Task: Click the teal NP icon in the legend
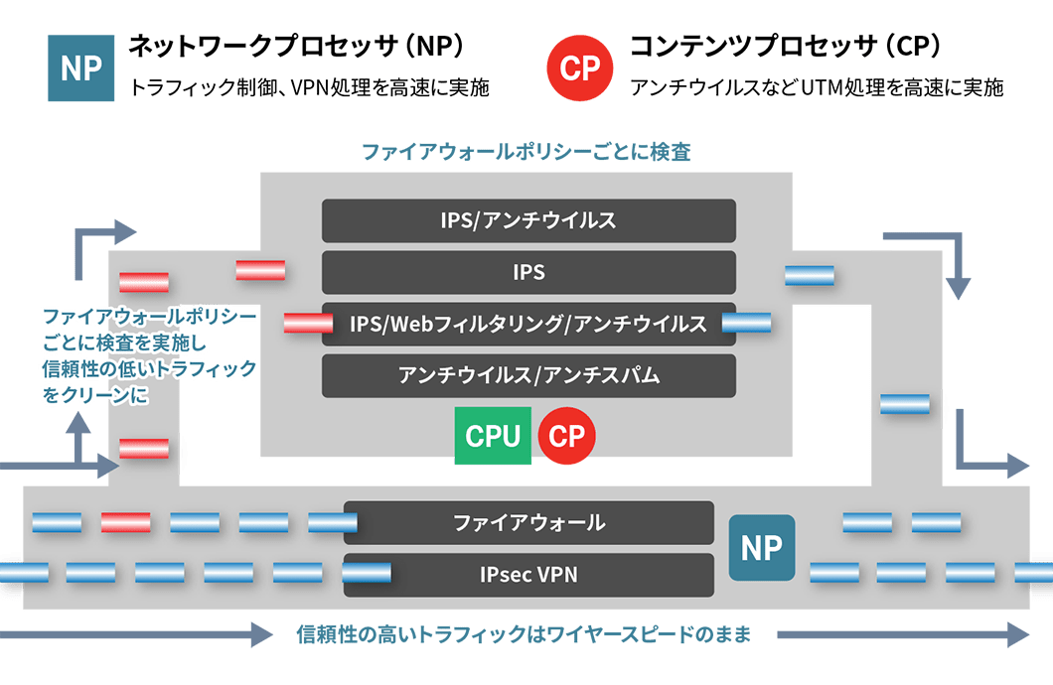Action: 81,68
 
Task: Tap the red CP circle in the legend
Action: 580,68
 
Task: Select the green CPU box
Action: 493,436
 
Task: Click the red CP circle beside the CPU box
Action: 566,436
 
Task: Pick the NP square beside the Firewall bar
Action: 761,547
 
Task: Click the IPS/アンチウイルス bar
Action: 528,220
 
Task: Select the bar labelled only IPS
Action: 528,272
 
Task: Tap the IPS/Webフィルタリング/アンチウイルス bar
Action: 528,324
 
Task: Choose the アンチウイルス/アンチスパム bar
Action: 528,375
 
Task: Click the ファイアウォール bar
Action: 528,522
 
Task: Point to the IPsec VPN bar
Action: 528,574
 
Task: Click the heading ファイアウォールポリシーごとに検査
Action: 526,152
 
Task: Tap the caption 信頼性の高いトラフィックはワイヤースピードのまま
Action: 525,634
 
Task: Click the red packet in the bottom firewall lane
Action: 125,522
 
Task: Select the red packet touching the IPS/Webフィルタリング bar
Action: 308,323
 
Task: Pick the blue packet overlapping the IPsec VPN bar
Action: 366,573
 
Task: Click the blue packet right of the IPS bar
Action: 809,275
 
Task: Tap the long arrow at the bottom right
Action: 904,634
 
